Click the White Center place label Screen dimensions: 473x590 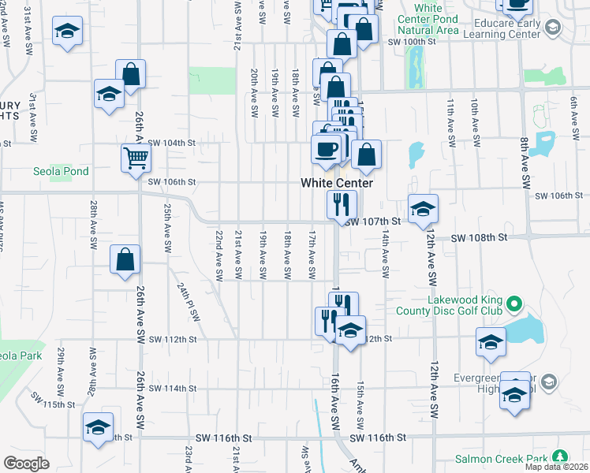click(336, 183)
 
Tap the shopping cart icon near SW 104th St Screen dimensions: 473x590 click(136, 158)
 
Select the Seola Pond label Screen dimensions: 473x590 click(61, 171)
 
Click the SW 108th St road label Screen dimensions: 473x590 click(478, 237)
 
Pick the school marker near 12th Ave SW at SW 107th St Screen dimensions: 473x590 click(424, 208)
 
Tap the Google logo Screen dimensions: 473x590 click(26, 464)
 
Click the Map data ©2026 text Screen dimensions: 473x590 click(558, 467)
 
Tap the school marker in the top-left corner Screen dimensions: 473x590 click(68, 32)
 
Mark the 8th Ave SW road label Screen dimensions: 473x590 click(524, 162)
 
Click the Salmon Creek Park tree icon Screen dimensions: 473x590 click(561, 457)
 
